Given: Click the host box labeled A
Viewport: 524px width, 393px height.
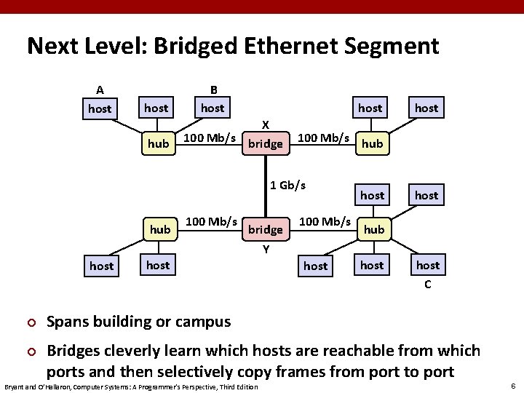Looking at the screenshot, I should click(x=100, y=109).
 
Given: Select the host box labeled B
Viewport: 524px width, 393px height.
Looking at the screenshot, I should click(x=213, y=108).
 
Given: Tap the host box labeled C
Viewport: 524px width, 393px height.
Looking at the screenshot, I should click(x=428, y=265).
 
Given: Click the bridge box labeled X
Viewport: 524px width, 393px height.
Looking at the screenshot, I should click(x=266, y=144).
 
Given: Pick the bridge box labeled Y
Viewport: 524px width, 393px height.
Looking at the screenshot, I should click(x=266, y=230).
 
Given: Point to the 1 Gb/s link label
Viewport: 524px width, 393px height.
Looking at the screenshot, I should click(x=287, y=185).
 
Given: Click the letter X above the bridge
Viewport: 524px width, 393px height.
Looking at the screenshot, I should click(x=266, y=124).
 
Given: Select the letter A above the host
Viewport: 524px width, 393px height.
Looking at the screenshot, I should click(x=100, y=90).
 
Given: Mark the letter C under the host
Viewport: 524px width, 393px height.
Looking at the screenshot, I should click(x=428, y=285).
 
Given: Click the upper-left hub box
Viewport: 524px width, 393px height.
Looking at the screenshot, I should click(x=158, y=144).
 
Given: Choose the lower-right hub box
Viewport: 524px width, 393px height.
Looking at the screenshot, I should click(x=373, y=229).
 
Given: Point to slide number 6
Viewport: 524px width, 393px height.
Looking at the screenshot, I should click(x=513, y=386).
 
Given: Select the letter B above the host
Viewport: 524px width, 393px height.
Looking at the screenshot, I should click(x=213, y=90).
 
